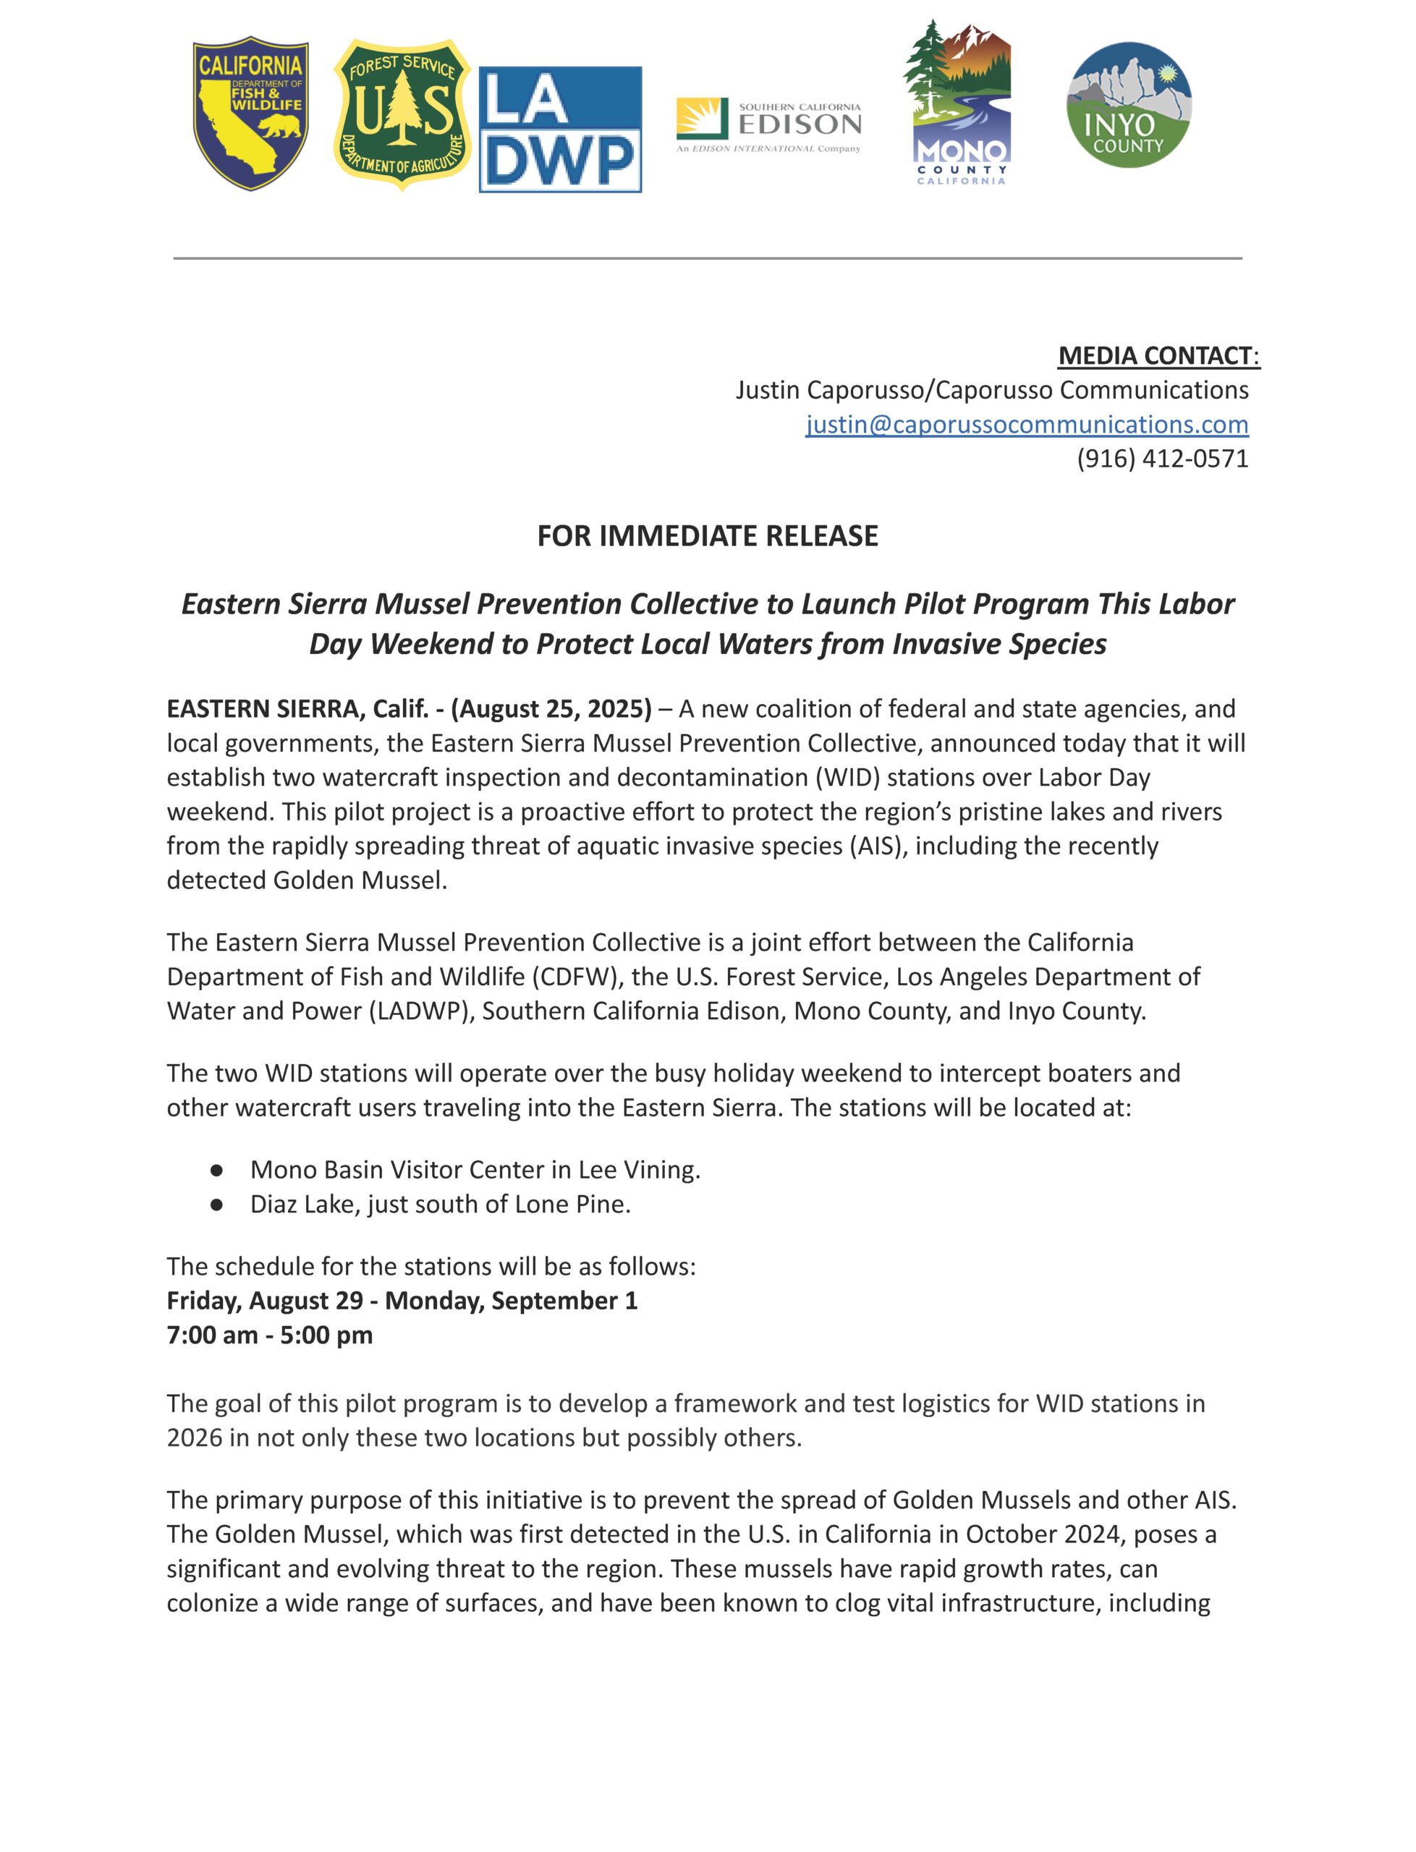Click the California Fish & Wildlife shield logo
tap(250, 114)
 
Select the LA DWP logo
tap(561, 129)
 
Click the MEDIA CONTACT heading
tap(1158, 356)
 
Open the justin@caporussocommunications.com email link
tap(1027, 424)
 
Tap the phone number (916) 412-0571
tap(1162, 459)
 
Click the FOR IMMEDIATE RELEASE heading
tap(708, 536)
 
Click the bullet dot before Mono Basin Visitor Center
tap(216, 1171)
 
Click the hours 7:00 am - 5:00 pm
tap(270, 1335)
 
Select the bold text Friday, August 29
tap(265, 1301)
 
